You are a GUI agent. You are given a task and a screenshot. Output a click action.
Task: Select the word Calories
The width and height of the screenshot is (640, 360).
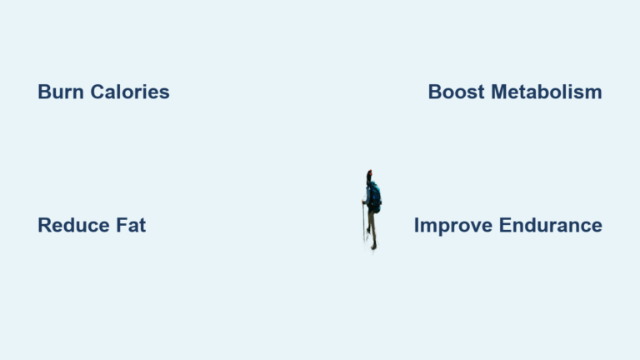pos(130,92)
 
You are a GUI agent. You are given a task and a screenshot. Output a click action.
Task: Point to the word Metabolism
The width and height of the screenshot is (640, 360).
pos(547,92)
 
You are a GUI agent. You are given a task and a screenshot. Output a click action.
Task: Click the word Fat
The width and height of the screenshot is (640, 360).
pos(131,225)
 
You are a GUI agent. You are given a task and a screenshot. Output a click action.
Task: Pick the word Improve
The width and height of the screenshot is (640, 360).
pos(453,226)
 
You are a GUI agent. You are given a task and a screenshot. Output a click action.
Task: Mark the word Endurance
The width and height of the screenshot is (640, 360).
pos(551,225)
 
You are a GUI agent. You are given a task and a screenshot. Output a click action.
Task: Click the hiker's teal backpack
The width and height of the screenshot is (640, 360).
pos(375,197)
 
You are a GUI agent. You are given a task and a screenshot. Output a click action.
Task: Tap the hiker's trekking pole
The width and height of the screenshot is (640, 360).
pos(363,222)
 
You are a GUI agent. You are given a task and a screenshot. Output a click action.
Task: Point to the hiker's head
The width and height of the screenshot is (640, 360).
pos(369,175)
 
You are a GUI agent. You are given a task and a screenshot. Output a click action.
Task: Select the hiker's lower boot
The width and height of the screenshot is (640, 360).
pos(373,247)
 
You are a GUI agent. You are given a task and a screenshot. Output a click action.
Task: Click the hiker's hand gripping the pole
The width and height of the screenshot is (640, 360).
pos(363,202)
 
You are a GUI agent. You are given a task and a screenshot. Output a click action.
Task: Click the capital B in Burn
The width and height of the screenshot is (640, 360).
pos(44,92)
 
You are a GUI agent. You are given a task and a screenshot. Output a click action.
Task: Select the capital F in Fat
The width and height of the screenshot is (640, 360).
pos(122,225)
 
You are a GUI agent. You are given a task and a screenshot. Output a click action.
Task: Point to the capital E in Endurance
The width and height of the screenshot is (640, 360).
pos(505,225)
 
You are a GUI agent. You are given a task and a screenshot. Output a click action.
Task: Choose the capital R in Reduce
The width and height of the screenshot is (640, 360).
pos(45,225)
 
